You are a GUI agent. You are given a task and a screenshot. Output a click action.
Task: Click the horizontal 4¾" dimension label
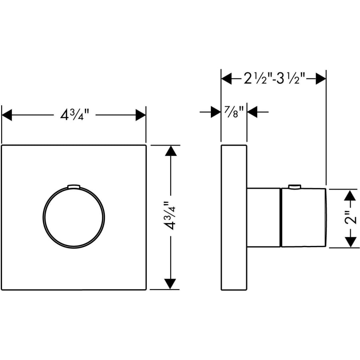[x=74, y=115]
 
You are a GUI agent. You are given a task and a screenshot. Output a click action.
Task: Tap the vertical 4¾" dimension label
[x=170, y=216]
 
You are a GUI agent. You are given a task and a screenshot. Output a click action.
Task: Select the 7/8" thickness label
[x=234, y=112]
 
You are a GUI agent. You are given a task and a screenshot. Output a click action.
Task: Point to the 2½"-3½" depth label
[x=274, y=79]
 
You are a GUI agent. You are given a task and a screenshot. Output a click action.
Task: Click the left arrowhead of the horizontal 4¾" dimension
[x=7, y=115]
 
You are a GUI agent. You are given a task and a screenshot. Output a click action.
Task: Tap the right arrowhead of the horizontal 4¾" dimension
[x=141, y=115]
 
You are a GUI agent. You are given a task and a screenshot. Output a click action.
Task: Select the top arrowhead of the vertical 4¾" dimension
[x=171, y=151]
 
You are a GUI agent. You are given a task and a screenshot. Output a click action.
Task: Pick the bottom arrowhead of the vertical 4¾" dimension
[x=170, y=284]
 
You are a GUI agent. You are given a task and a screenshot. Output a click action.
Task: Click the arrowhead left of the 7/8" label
[x=216, y=112]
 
